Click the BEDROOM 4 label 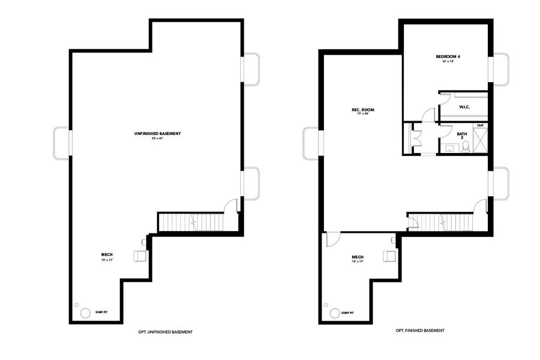tap(448, 56)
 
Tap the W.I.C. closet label tap(464, 107)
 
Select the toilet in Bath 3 tap(465, 146)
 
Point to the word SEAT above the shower tap(480, 125)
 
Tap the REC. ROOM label tap(363, 110)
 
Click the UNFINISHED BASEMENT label tap(158, 133)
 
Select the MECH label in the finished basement tap(358, 257)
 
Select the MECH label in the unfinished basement tap(107, 255)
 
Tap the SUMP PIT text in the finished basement tap(347, 313)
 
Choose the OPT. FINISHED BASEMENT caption tap(420, 331)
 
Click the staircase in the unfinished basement tap(190, 223)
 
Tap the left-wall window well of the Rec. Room tap(313, 143)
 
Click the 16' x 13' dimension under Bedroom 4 tap(448, 62)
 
